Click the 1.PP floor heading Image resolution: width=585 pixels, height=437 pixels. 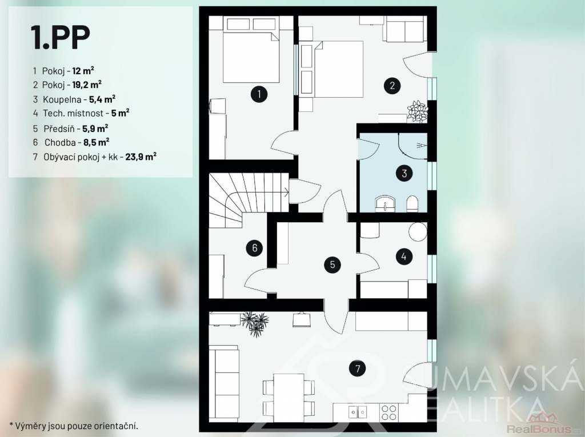61,37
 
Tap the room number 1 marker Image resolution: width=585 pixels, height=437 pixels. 259,94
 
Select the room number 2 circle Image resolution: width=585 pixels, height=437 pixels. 392,86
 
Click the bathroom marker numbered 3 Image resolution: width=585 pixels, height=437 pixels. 404,174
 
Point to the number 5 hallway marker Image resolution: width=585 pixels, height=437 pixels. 254,248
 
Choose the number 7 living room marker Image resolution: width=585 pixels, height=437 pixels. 358,368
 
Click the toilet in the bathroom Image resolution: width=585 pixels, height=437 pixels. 412,204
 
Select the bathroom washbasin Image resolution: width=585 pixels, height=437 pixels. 384,204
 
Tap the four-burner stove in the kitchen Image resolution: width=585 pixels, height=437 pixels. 388,412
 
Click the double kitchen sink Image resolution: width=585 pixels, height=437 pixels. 358,412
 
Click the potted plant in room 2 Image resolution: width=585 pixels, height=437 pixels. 417,111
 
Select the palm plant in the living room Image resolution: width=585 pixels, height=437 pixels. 255,323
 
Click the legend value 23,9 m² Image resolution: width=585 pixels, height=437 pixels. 141,157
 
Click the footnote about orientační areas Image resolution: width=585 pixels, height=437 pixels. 74,426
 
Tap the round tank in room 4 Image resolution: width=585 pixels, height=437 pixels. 418,232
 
